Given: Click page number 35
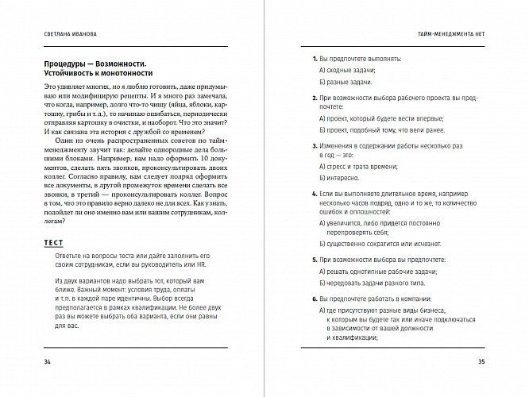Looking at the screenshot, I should pos(481,364).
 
